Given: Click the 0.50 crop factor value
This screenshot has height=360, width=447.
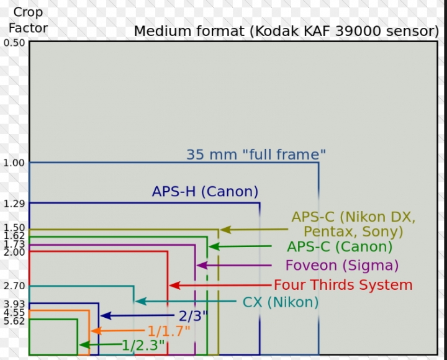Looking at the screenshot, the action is [14, 43].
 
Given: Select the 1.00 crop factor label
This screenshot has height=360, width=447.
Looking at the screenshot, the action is [14, 163].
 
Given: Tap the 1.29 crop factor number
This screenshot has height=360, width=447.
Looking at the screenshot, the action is [14, 204].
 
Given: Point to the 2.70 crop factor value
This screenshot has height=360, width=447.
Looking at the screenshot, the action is [14, 286].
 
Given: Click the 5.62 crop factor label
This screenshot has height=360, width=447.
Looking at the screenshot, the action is [14, 322].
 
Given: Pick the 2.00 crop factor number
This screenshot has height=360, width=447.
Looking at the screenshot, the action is [14, 252].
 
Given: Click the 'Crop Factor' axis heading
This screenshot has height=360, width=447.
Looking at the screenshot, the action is [28, 20].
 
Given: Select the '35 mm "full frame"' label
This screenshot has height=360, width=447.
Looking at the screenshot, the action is [256, 155].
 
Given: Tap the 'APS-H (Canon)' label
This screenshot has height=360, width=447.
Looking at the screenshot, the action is [205, 191].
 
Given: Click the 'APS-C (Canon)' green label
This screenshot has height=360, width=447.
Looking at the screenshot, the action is [340, 246].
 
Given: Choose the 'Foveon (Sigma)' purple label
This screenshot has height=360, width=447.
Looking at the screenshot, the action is [342, 266].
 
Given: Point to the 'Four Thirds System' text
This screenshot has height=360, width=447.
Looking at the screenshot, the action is [343, 285].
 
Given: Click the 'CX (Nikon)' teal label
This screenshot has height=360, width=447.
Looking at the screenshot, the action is [281, 302].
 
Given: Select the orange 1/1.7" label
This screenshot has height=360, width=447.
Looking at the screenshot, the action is [169, 331].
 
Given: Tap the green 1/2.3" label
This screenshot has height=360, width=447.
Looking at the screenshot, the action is [143, 345].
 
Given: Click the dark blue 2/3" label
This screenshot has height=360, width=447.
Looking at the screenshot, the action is [193, 316].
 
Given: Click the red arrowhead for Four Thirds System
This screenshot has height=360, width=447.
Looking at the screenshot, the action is [174, 286].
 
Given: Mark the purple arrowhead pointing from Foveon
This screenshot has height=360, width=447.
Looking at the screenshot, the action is [202, 266].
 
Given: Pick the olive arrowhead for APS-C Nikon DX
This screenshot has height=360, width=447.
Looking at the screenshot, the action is [225, 230].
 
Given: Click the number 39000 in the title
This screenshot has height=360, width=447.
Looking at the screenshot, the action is [358, 31].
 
